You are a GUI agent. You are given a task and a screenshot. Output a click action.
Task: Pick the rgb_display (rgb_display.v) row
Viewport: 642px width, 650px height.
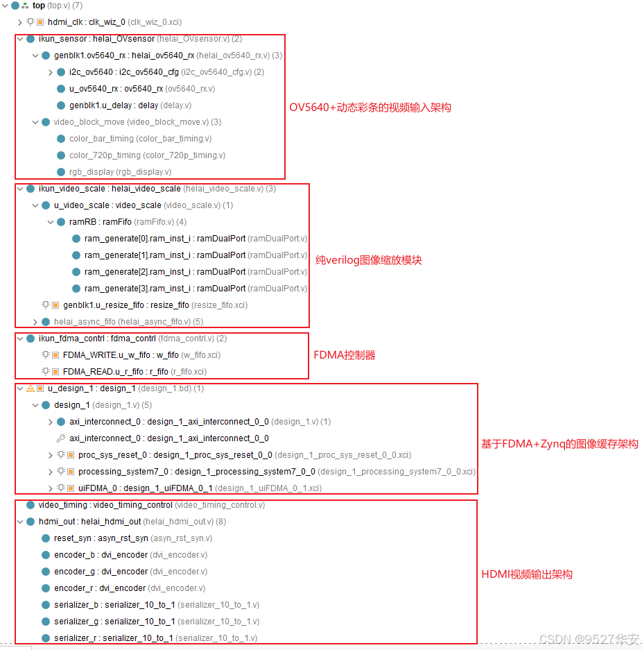click(120, 172)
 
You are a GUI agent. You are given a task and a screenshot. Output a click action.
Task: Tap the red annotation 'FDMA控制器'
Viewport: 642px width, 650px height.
click(345, 355)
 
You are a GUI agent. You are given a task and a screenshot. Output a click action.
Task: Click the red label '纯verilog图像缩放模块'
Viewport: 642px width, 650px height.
click(369, 260)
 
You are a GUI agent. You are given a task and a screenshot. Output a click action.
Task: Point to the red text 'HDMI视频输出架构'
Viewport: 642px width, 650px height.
click(527, 574)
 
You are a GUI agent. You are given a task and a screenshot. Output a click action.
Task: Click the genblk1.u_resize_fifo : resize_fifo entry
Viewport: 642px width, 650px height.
click(155, 305)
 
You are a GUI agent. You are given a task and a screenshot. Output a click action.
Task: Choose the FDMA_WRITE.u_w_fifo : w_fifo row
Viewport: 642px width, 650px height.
click(141, 355)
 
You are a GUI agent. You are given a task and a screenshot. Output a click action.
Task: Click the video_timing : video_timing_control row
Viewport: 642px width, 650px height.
click(151, 505)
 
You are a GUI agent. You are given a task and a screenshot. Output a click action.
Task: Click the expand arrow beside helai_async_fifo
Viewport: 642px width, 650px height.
click(35, 322)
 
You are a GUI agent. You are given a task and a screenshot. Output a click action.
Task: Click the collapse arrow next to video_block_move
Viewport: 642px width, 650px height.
click(35, 122)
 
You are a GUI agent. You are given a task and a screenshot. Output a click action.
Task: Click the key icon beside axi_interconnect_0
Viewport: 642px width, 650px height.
click(61, 438)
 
